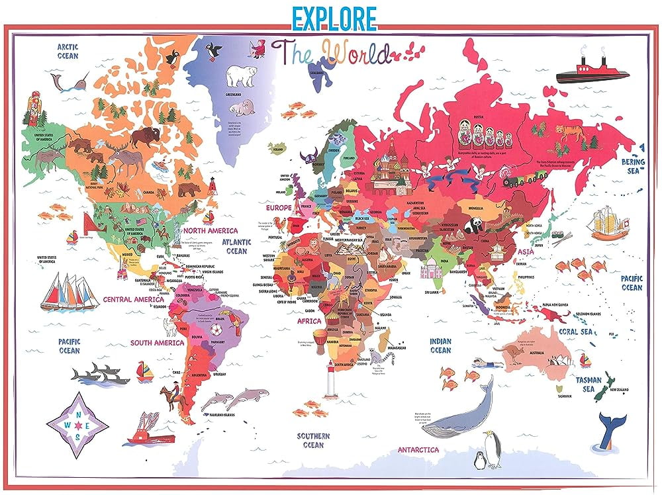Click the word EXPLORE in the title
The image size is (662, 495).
point(333,17)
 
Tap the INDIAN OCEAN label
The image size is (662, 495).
point(440,345)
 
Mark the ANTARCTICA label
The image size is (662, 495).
point(418,450)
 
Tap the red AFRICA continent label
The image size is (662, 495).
point(308,321)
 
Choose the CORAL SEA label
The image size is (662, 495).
point(575,332)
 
